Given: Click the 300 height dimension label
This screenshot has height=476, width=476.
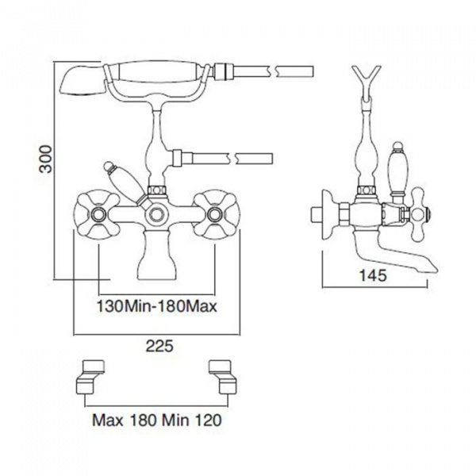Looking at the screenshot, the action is pyautogui.click(x=46, y=159).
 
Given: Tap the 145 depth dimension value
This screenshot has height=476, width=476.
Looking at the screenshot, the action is pyautogui.click(x=373, y=275).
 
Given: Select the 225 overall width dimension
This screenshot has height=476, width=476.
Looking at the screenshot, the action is pyautogui.click(x=159, y=346).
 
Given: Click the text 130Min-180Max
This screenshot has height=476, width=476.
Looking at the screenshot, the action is pyautogui.click(x=157, y=306).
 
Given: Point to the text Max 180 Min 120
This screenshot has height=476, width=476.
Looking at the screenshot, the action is pyautogui.click(x=157, y=420).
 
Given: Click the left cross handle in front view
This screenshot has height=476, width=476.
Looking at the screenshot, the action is pyautogui.click(x=98, y=214).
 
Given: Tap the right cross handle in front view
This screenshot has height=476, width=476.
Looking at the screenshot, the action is pyautogui.click(x=217, y=214).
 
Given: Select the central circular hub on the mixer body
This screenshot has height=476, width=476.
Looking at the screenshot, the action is pyautogui.click(x=156, y=215).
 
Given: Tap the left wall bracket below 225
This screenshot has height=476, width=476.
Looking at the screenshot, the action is pyautogui.click(x=90, y=378).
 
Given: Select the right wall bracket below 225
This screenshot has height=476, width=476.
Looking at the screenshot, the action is pyautogui.click(x=223, y=378).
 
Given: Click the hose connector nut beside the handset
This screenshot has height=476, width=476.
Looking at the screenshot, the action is pyautogui.click(x=224, y=71).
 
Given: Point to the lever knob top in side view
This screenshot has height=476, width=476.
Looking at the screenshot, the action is pyautogui.click(x=397, y=147).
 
